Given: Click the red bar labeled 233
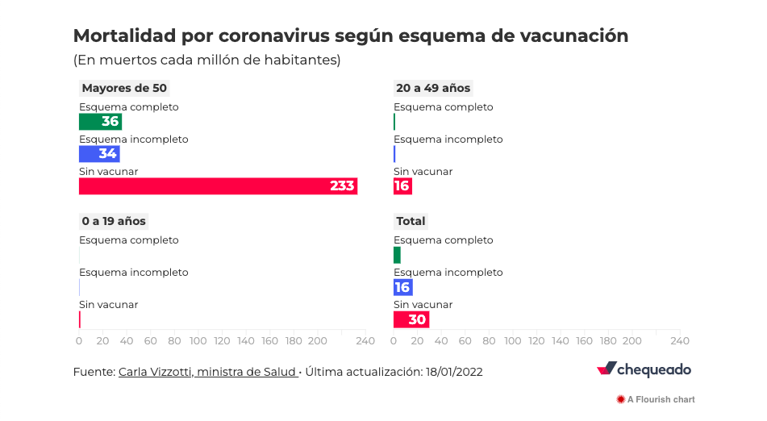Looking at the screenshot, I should [x=218, y=186].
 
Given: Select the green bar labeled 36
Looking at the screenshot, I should [x=100, y=122].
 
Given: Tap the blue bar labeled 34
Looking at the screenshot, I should [x=99, y=154].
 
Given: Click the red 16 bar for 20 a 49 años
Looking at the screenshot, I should [x=402, y=186].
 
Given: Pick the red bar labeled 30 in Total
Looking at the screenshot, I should [x=411, y=319].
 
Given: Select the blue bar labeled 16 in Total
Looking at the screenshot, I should [x=402, y=287].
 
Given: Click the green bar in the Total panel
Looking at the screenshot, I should [x=397, y=255].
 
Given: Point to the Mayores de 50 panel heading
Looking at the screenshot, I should [x=124, y=88].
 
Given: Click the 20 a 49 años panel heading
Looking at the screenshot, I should [x=433, y=88].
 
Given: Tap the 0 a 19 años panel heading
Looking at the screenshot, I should [x=114, y=221].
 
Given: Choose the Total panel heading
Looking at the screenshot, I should [x=411, y=221].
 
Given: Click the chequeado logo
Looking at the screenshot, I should [x=644, y=369].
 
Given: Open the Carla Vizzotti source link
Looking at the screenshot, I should [x=207, y=372].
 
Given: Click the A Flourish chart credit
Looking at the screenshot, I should [x=655, y=399].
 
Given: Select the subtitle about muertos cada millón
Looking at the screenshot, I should [x=206, y=60].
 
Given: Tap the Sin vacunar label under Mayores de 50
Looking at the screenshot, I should [x=108, y=172].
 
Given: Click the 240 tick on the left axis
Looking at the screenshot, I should [x=365, y=341].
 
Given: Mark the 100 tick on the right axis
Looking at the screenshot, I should [x=513, y=341].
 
